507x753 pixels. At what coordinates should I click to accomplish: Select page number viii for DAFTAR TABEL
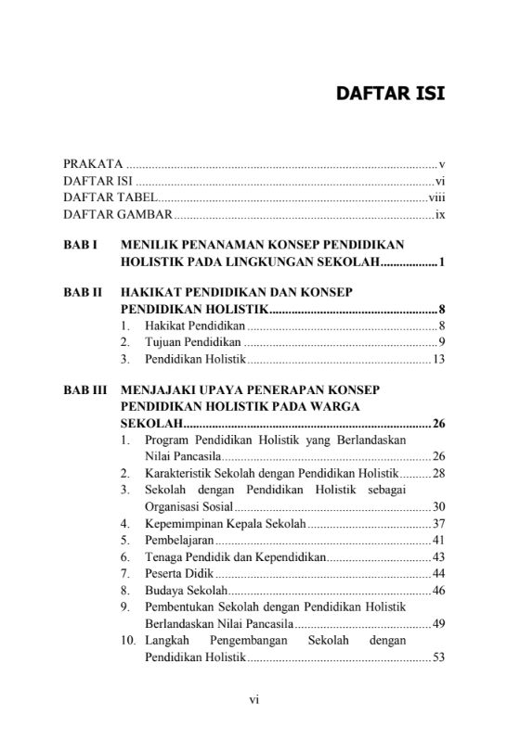coord(437,198)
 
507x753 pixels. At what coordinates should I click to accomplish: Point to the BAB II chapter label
coord(82,292)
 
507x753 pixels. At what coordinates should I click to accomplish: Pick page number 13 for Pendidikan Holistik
coord(440,360)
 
